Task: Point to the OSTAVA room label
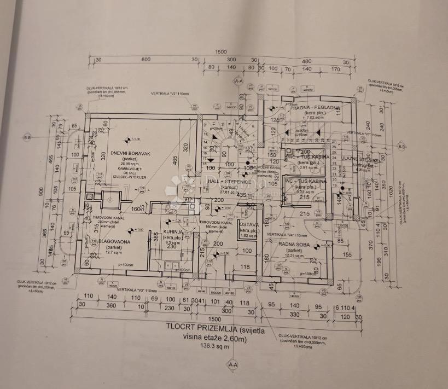click(249, 224)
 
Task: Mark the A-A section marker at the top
click(238, 81)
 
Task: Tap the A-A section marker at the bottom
click(233, 364)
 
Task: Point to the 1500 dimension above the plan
click(220, 51)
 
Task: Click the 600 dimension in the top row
click(146, 60)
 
